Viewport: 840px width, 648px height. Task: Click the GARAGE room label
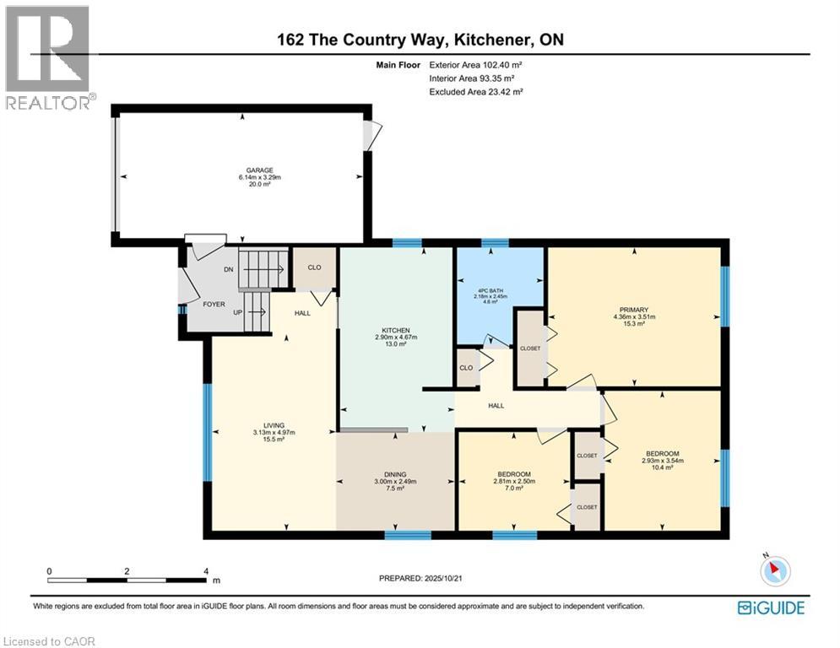tap(242, 170)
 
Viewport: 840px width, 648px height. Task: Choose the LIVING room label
tap(274, 425)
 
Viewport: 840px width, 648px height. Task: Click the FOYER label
tap(214, 303)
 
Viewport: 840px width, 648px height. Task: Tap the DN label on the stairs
tap(228, 270)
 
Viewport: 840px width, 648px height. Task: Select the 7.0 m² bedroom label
tap(512, 475)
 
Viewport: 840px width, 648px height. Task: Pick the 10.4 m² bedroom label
tap(661, 454)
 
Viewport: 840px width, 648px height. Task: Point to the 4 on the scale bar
tap(206, 571)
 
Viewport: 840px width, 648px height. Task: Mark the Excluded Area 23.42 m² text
tap(475, 91)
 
